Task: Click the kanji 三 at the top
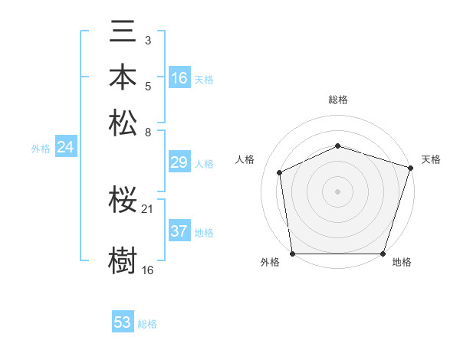click(123, 34)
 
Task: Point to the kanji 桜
click(123, 201)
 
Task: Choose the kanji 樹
click(123, 259)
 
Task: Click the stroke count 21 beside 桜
click(148, 208)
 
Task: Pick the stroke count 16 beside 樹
click(148, 270)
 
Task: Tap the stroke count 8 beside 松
click(148, 131)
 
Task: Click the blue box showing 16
click(179, 77)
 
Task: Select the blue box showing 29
click(179, 162)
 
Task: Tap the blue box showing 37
click(179, 231)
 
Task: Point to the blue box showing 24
click(65, 147)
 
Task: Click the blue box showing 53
click(123, 322)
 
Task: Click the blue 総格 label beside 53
click(147, 324)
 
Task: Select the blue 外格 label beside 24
click(41, 149)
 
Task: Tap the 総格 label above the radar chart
click(337, 100)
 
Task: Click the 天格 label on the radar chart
click(431, 159)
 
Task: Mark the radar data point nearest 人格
click(280, 172)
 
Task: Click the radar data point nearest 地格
click(383, 254)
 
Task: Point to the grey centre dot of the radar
click(337, 191)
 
